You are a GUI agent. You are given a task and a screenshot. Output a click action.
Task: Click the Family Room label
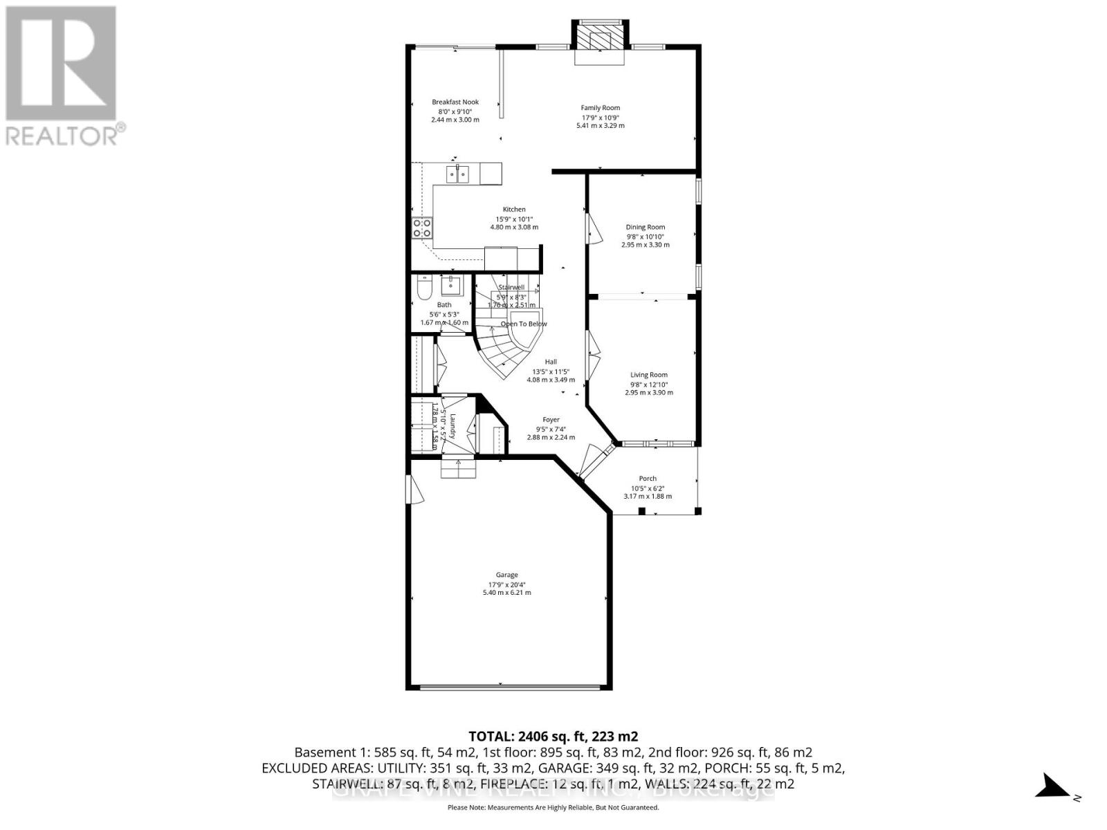[x=600, y=108]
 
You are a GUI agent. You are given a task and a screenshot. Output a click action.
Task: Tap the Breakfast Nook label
[x=455, y=102]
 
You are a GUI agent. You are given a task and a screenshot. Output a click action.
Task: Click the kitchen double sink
[x=457, y=173]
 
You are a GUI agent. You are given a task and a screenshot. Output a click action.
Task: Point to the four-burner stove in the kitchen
[x=423, y=228]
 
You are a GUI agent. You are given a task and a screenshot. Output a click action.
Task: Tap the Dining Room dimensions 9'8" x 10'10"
[x=645, y=237]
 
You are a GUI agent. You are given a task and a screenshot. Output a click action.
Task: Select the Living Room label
[x=648, y=375]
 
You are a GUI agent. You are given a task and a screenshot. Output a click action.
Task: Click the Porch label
[x=648, y=479]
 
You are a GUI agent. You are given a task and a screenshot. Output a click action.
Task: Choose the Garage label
[x=506, y=575]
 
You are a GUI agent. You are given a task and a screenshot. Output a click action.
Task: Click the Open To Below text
[x=524, y=324]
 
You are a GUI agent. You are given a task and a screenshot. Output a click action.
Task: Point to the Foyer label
[x=551, y=420]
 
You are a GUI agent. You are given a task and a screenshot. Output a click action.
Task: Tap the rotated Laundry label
[x=451, y=426]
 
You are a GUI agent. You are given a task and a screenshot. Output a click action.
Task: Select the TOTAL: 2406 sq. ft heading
[x=553, y=736]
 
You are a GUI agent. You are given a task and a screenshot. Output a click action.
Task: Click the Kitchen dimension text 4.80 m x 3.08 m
[x=513, y=227]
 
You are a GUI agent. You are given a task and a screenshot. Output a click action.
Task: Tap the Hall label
[x=551, y=362]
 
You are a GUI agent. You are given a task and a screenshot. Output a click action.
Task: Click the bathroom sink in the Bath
[x=452, y=284]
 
